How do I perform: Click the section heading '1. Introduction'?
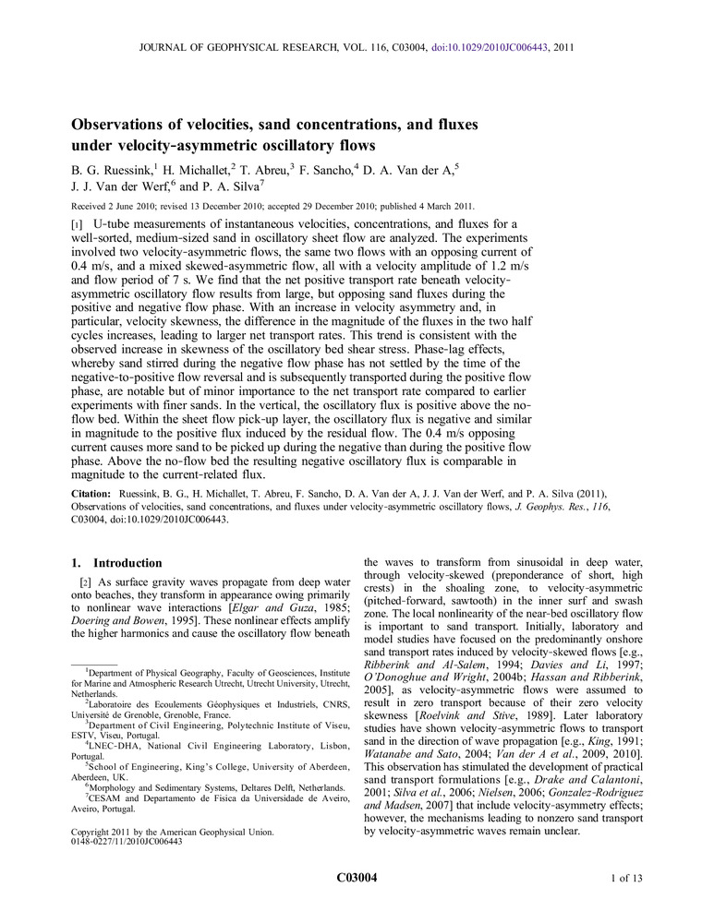point(117,563)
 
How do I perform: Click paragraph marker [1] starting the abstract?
point(78,224)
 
